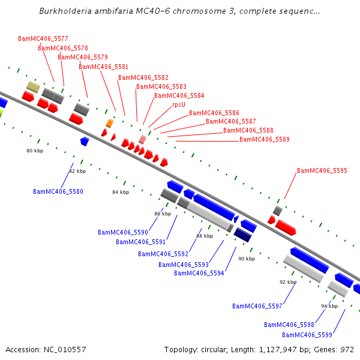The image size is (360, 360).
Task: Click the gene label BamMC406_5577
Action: point(43,38)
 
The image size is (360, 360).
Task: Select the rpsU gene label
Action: point(178,104)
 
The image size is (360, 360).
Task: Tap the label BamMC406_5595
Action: point(322,170)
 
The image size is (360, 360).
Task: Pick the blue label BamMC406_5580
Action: point(58,191)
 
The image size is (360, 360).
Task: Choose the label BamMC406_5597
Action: point(257,306)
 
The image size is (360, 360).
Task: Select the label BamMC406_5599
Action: point(307,334)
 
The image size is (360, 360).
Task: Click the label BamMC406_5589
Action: point(264,139)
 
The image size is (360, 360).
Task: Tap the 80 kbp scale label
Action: point(35,151)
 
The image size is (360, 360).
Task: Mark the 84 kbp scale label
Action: point(121,192)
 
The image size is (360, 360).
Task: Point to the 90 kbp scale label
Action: point(246,259)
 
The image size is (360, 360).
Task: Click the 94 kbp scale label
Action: point(329,306)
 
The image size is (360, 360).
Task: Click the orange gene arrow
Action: point(110,123)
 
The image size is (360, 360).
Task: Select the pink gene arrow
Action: point(142,139)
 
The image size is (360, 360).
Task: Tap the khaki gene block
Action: point(33,87)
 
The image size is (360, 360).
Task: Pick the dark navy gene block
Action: point(242,235)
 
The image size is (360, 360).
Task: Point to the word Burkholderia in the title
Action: point(65,11)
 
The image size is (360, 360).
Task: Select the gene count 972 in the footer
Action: point(347,349)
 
